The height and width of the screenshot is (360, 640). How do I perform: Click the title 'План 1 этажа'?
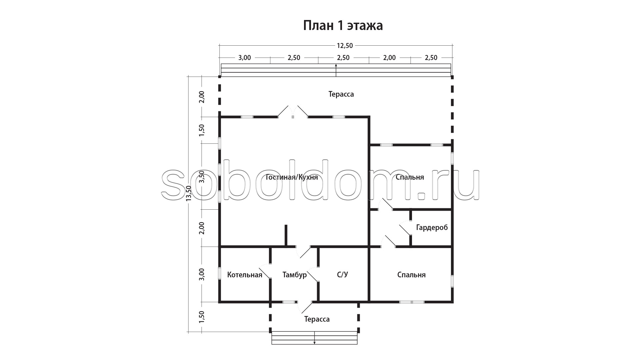[x=343, y=26]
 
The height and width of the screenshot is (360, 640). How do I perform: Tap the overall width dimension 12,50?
[x=345, y=46]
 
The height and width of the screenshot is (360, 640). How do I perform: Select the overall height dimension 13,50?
[x=189, y=194]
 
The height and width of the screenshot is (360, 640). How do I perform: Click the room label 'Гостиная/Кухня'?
[x=292, y=177]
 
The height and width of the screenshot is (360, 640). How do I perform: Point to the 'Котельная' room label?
[x=245, y=275]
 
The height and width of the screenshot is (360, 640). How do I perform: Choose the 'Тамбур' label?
[x=294, y=275]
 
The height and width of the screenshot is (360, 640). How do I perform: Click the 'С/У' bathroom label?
[x=342, y=275]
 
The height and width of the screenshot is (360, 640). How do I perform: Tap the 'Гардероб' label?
[x=432, y=228]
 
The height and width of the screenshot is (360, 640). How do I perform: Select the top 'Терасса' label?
[x=341, y=94]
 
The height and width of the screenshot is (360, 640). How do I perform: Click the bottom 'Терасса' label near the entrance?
[x=317, y=319]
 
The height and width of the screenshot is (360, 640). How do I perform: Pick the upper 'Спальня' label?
[x=410, y=177]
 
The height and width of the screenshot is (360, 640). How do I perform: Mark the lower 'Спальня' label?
[x=411, y=275]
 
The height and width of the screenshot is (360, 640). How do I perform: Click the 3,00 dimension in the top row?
[x=244, y=58]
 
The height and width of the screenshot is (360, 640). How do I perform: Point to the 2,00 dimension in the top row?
[x=389, y=58]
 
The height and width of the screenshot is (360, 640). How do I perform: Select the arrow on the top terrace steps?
[x=336, y=70]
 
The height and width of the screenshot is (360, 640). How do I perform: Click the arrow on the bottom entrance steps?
[x=314, y=337]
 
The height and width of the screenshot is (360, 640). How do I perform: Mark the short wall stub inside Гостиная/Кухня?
[x=286, y=236]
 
